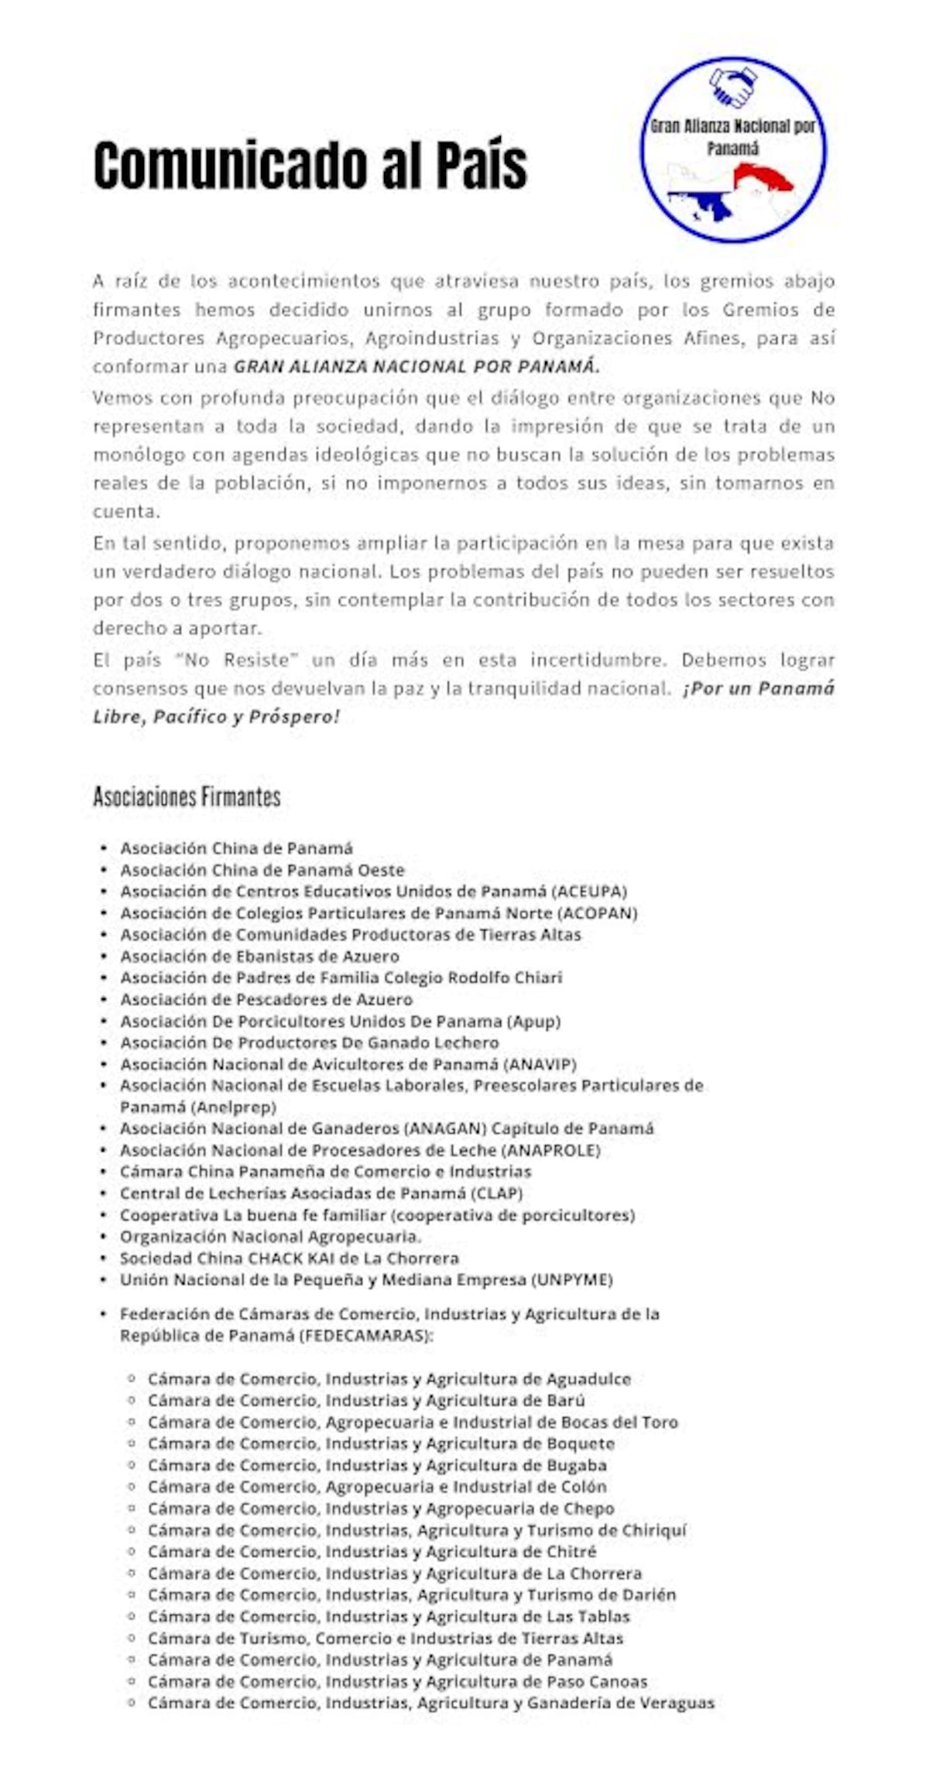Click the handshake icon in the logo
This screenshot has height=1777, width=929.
[x=732, y=87]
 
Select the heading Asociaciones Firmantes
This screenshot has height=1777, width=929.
[x=187, y=796]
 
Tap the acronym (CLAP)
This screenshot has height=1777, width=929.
[x=497, y=1193]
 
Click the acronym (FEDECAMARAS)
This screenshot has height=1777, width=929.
[x=365, y=1335]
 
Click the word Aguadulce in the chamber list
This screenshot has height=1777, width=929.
[x=588, y=1378]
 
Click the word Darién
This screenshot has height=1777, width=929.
[x=648, y=1594]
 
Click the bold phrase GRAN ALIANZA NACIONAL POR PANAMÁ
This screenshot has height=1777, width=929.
[x=417, y=367]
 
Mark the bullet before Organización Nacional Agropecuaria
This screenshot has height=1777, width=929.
[x=103, y=1237]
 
